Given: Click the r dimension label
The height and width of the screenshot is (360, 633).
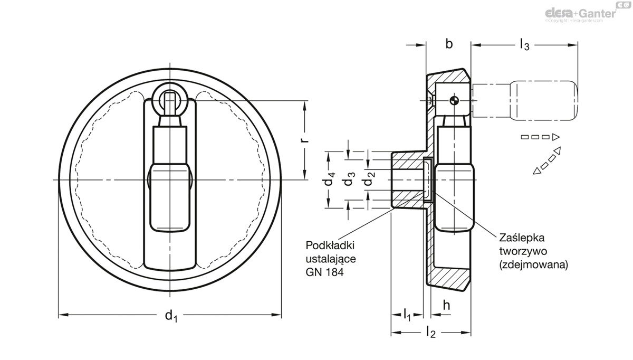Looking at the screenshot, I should click(x=304, y=141).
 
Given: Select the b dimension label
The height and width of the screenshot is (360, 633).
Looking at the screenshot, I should click(x=449, y=44).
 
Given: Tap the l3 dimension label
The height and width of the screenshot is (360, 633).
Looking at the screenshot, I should click(x=524, y=45).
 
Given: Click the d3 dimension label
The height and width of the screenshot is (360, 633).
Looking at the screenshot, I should click(x=349, y=180).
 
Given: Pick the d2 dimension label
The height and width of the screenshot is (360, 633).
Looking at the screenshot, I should click(x=369, y=180).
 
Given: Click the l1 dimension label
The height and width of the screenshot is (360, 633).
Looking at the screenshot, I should click(x=407, y=316).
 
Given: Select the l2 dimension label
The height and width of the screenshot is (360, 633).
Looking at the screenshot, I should click(x=430, y=333).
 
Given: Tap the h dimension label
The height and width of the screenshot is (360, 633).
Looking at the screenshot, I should click(x=446, y=305).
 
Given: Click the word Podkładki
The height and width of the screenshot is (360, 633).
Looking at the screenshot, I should click(x=330, y=246).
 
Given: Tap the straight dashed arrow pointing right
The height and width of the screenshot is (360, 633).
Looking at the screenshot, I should click(x=540, y=137).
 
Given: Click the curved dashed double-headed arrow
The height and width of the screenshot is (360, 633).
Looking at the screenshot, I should click(x=546, y=161).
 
